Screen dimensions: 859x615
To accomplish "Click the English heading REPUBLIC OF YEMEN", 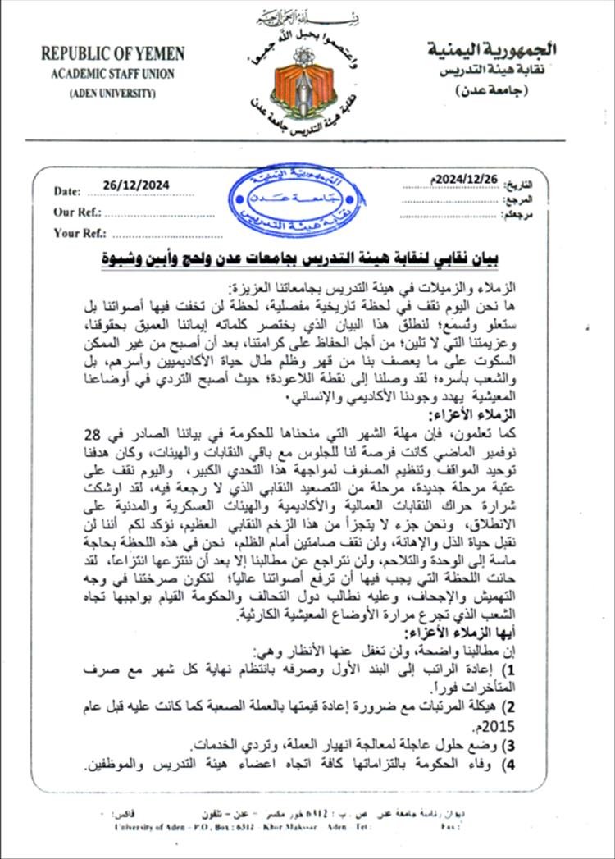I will (113, 54).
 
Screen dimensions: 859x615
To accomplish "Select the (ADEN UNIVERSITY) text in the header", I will (112, 92).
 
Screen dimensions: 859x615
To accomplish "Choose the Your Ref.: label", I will (79, 233).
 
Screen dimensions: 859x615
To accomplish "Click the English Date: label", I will (67, 191).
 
